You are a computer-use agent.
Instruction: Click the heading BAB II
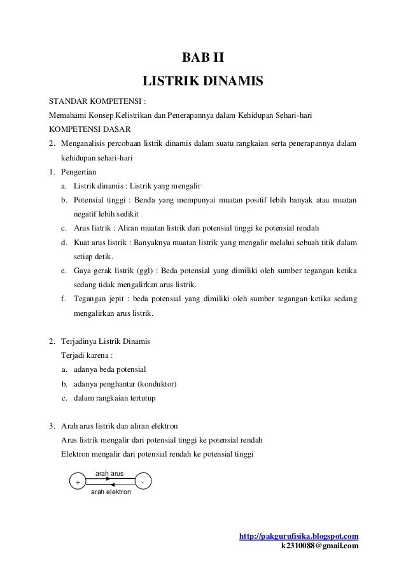click(203, 59)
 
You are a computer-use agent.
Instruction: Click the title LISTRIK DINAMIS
click(203, 82)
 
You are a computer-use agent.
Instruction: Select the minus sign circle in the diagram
click(143, 483)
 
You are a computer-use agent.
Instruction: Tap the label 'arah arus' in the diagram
click(109, 474)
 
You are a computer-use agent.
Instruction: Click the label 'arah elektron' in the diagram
click(111, 492)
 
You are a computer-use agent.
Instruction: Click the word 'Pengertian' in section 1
click(79, 172)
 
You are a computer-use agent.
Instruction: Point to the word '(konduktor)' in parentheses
click(158, 385)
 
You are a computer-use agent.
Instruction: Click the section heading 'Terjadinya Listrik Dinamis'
click(106, 342)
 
